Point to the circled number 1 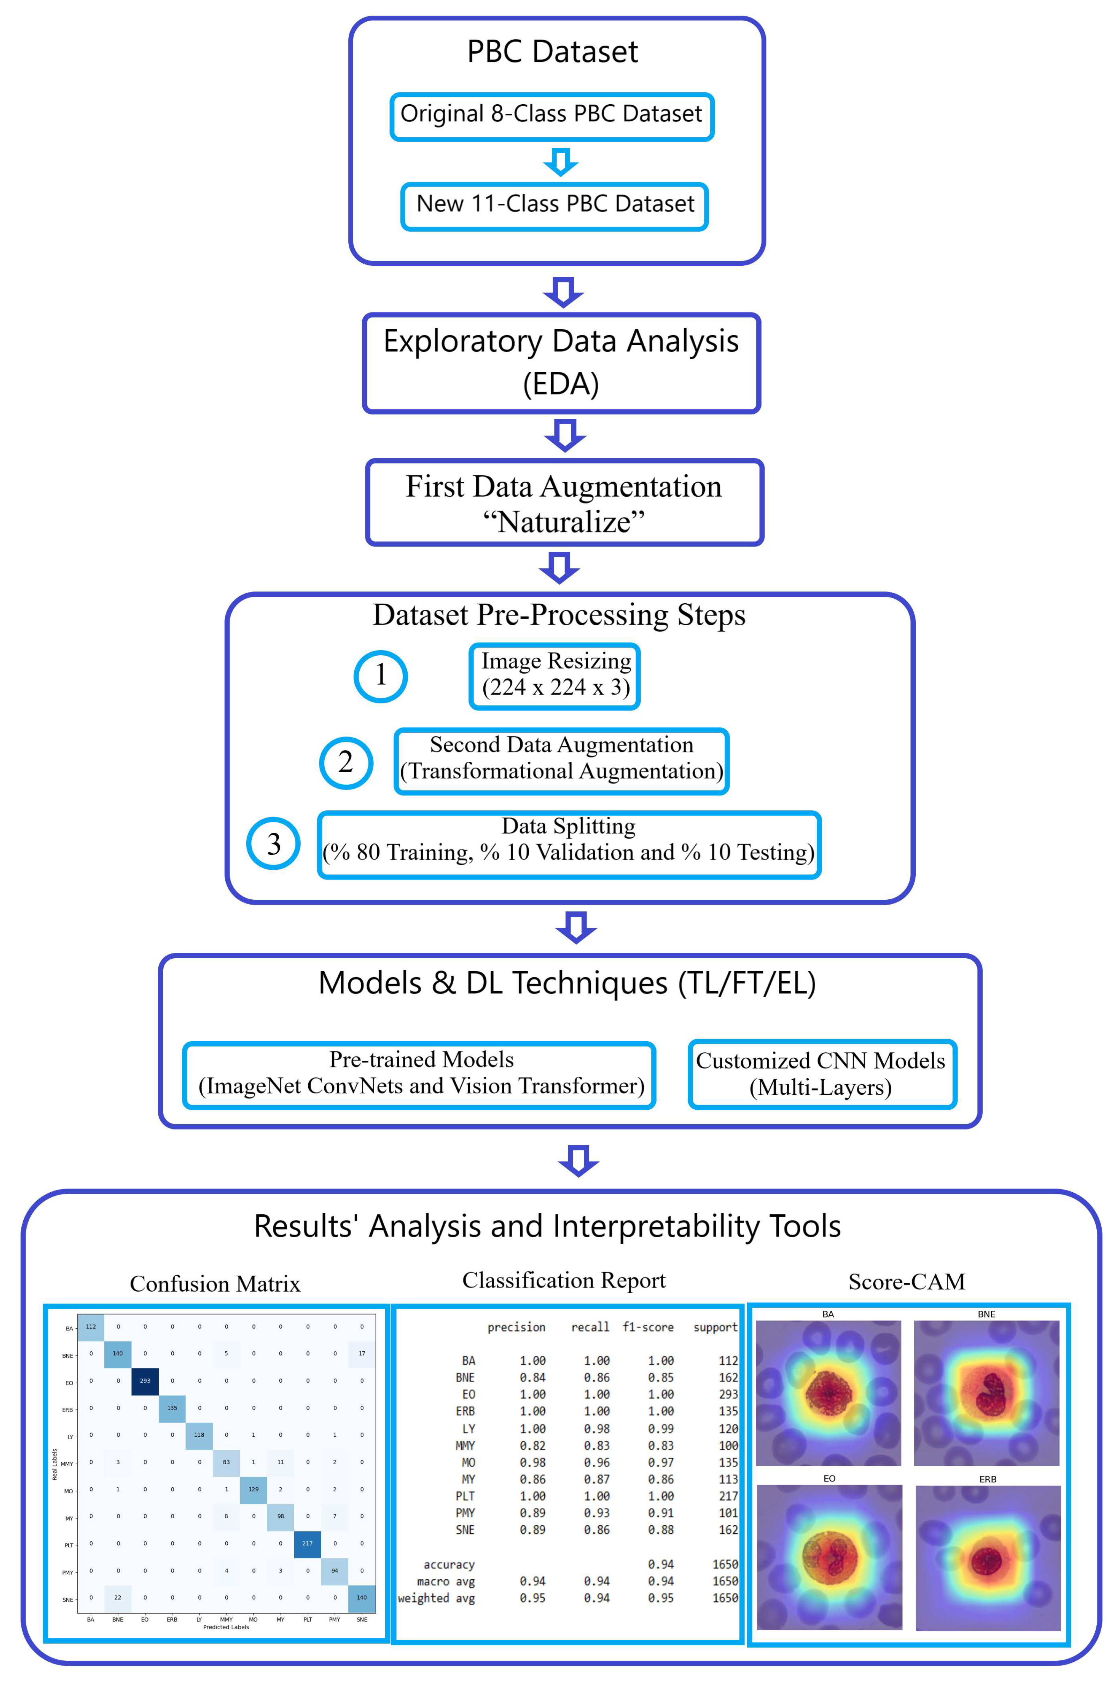(x=381, y=676)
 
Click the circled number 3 (x=273, y=843)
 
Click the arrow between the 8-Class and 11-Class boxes (x=560, y=162)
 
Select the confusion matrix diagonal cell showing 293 (x=145, y=1381)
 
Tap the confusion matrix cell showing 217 (x=307, y=1543)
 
